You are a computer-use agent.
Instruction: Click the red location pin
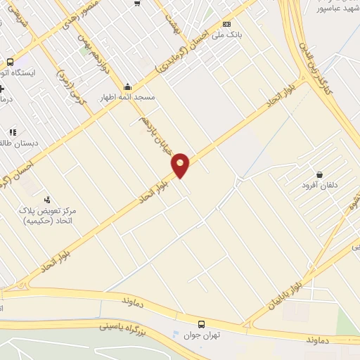click(181, 165)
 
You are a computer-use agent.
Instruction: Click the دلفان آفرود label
click(320, 186)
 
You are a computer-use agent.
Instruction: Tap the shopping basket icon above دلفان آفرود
click(320, 174)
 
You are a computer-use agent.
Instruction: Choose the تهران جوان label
click(202, 335)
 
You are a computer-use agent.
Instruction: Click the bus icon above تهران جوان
click(202, 324)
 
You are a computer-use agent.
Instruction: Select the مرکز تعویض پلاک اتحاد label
click(49, 215)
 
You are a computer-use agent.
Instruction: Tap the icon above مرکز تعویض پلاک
click(47, 199)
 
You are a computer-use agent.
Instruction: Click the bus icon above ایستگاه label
click(10, 61)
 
